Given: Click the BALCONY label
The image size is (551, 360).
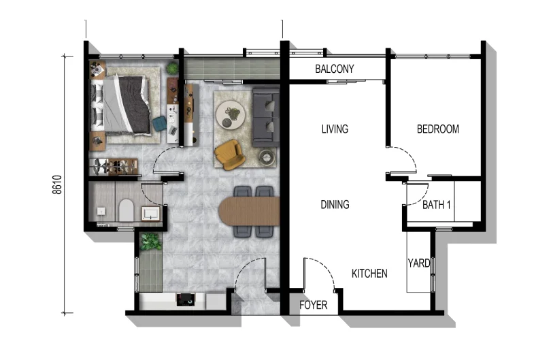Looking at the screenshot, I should [x=335, y=69].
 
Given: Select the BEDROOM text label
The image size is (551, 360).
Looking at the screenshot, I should [x=437, y=129].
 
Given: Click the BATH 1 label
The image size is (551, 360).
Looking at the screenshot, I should [x=437, y=204].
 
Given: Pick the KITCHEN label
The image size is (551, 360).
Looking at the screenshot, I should [x=369, y=274].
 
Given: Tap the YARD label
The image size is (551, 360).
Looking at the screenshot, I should [x=418, y=263].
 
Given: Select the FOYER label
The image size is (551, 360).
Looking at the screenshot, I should [x=313, y=306].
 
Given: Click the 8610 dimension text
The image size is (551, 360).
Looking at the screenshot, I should [x=56, y=184].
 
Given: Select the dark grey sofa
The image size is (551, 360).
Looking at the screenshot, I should [x=265, y=116].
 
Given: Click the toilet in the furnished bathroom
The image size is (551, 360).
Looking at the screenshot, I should [x=124, y=210].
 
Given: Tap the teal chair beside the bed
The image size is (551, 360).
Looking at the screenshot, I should [x=159, y=123].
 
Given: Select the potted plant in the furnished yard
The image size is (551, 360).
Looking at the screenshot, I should [x=150, y=241].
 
